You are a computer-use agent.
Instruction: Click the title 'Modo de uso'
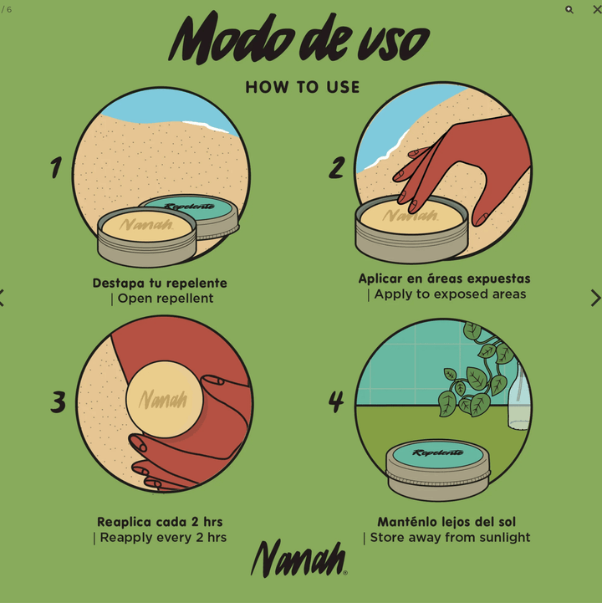tap(298, 38)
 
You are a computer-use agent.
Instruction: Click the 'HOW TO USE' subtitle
tap(302, 87)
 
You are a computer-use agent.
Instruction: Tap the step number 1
tap(55, 167)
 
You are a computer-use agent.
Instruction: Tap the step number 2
tap(336, 167)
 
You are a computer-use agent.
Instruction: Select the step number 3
tap(58, 401)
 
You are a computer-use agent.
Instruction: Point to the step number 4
tap(336, 401)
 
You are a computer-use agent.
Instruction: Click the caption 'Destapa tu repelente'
tap(160, 283)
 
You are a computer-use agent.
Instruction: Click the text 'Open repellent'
tap(165, 299)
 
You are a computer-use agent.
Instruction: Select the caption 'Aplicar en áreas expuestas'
tap(444, 279)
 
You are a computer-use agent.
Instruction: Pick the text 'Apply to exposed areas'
tap(449, 294)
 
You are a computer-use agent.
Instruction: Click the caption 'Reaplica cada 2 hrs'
tap(160, 522)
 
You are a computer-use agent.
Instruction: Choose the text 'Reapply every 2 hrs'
tap(162, 538)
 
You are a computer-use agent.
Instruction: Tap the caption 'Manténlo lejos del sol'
tap(446, 522)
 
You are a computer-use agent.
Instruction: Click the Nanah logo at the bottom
tap(298, 558)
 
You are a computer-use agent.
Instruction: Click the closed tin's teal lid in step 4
tap(437, 453)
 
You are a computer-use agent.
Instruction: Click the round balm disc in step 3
tap(164, 399)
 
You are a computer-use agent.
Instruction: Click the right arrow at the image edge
tap(594, 298)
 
